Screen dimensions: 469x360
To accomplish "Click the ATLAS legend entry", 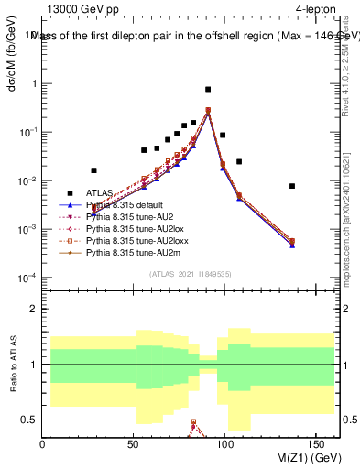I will tap(99, 192).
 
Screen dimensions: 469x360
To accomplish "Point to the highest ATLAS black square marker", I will tap(208, 90).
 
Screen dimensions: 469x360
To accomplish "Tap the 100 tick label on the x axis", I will tap(223, 443).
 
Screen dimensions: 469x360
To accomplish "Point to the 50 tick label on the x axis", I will tap(133, 443).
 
